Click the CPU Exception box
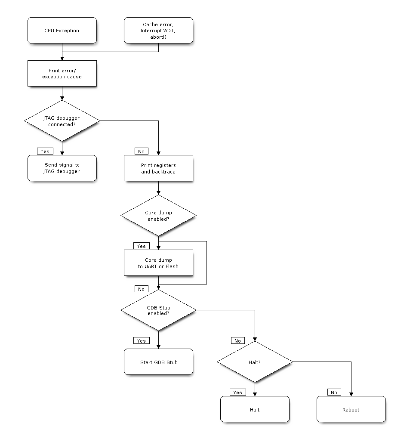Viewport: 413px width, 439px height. tap(62, 31)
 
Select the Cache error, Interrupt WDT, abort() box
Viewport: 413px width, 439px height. tap(158, 31)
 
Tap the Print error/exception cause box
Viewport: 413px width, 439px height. tap(62, 74)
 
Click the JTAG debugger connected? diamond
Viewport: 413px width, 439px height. tap(62, 121)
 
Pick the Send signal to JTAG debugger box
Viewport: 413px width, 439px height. tap(62, 168)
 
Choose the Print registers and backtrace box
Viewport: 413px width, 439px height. tap(158, 168)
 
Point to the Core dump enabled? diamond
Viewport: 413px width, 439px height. tap(158, 216)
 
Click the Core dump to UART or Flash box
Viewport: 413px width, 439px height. tap(158, 263)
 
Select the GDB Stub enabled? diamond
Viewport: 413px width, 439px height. tap(158, 310)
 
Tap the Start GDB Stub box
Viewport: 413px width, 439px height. tap(158, 362)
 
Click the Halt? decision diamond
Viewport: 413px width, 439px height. tap(255, 362)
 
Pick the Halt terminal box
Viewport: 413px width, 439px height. tap(255, 409)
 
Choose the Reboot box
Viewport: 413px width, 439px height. tap(351, 409)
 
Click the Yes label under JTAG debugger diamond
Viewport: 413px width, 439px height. tap(45, 151)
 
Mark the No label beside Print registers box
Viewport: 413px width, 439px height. tap(141, 151)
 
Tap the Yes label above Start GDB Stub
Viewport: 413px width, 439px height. tap(141, 340)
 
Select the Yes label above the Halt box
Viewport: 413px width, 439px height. tap(237, 392)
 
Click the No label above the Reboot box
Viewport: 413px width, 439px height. tap(334, 392)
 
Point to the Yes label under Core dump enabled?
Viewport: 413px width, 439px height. tap(141, 246)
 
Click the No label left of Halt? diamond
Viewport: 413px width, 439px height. tap(237, 340)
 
